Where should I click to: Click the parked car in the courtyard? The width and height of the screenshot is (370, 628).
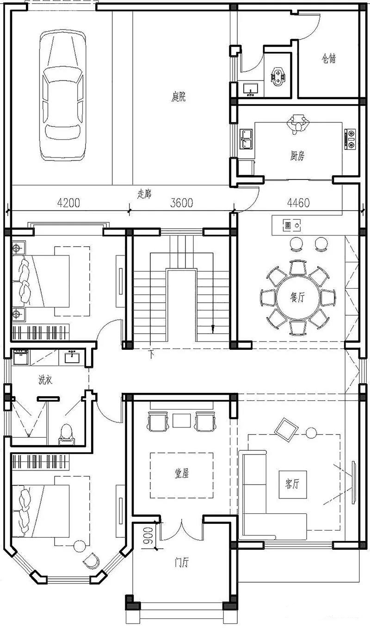click(x=62, y=96)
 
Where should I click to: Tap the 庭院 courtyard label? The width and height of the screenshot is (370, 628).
click(x=179, y=97)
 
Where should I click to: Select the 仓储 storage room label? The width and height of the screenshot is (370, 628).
click(x=329, y=59)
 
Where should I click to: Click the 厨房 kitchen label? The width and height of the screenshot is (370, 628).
click(x=295, y=156)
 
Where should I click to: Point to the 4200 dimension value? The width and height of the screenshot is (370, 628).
click(x=68, y=203)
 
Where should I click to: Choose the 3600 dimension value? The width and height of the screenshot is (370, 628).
click(x=181, y=203)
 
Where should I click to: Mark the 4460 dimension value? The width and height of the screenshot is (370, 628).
click(x=298, y=203)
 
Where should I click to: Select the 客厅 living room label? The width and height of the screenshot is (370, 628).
click(x=290, y=484)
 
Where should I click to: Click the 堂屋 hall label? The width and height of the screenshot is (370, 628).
click(x=181, y=474)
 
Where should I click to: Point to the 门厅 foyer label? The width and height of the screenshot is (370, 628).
click(x=181, y=563)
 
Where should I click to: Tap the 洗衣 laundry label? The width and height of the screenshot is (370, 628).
click(x=45, y=380)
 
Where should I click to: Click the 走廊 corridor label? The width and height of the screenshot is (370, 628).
click(x=145, y=193)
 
